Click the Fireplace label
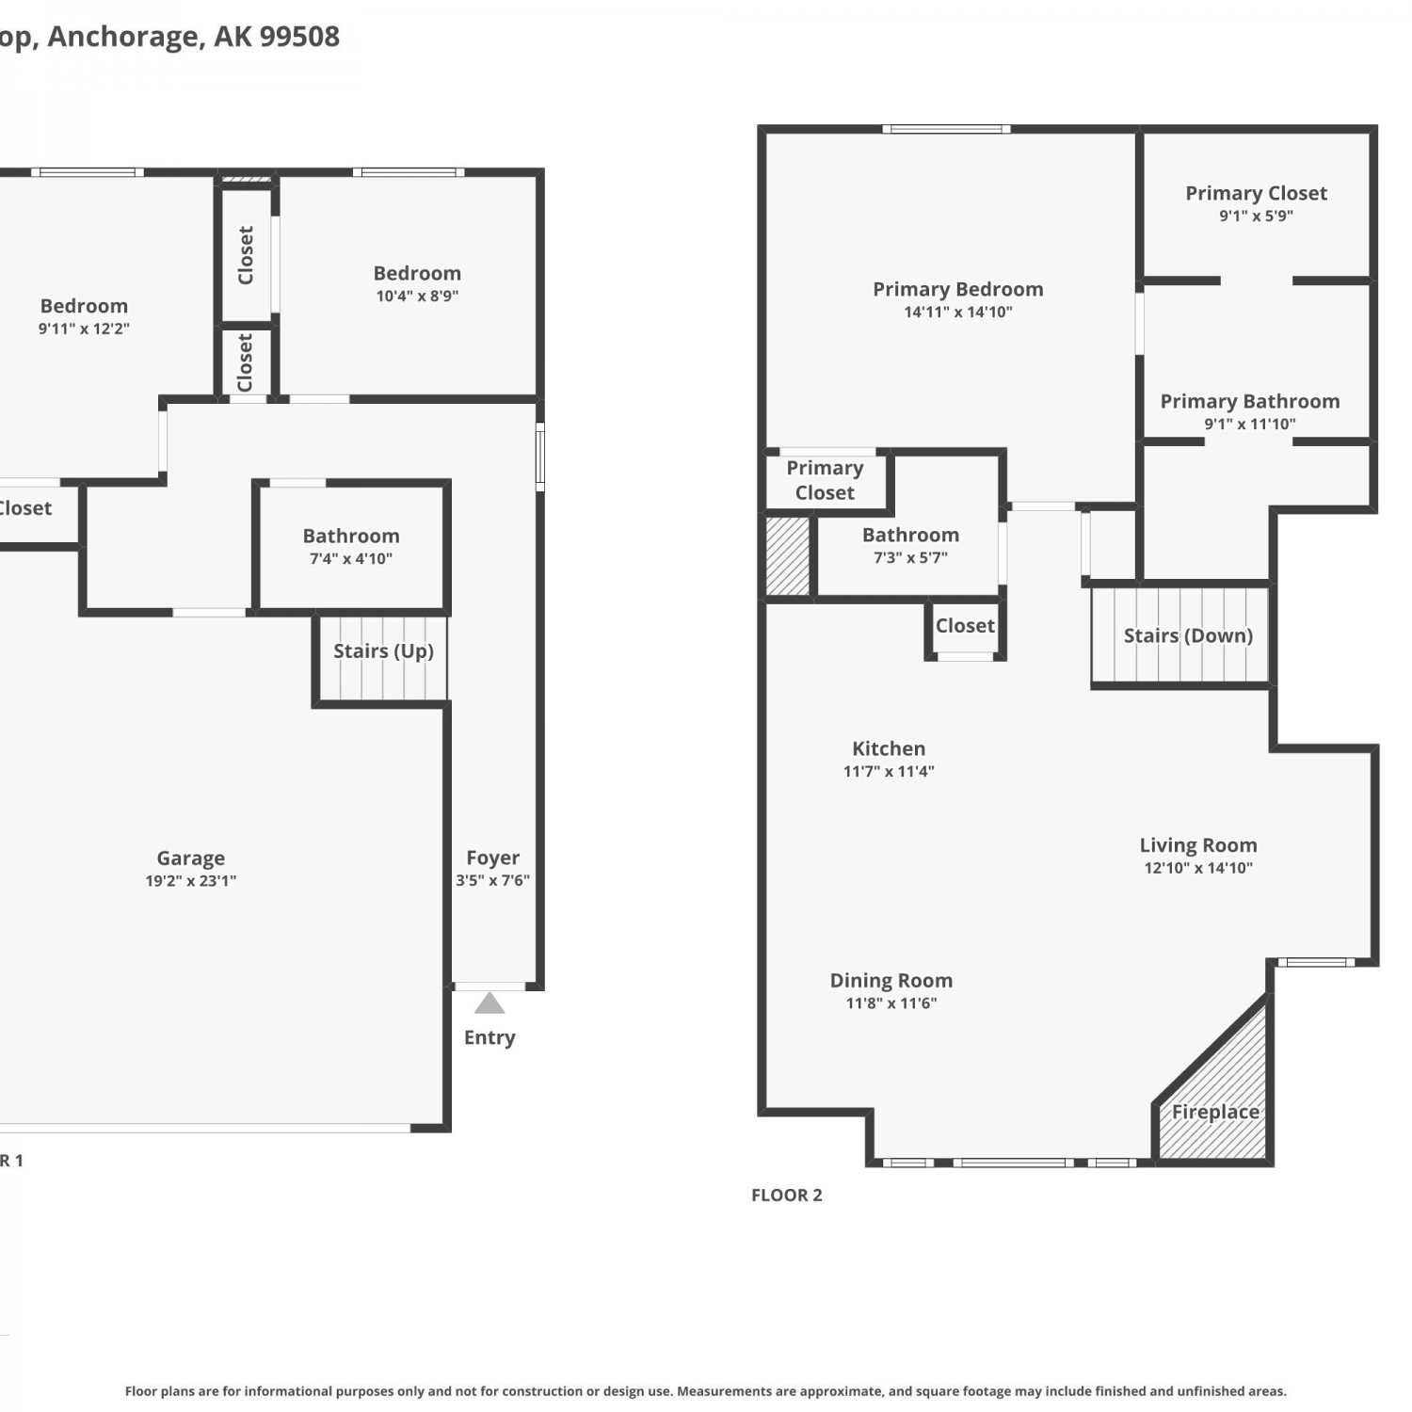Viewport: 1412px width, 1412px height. pos(1215,1112)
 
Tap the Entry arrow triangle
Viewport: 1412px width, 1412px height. pos(489,1003)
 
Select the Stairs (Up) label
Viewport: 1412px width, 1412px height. pos(383,651)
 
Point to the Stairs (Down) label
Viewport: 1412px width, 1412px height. pos(1188,635)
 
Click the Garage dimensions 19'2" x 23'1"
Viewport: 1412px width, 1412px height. pos(191,881)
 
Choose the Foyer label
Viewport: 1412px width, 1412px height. pos(493,858)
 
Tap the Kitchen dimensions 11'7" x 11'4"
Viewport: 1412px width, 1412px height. pos(889,772)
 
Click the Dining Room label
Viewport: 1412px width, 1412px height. pos(891,981)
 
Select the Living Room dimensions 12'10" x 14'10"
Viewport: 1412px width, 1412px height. pos(1198,868)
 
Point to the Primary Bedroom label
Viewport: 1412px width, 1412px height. pos(958,290)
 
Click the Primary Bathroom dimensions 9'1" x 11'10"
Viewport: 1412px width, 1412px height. pos(1250,425)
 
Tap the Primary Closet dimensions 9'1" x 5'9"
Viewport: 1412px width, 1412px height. pos(1256,217)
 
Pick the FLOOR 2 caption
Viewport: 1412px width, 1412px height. pos(787,1195)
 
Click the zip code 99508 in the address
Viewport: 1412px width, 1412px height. pos(299,36)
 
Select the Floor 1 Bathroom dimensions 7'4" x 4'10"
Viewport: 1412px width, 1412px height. pos(351,559)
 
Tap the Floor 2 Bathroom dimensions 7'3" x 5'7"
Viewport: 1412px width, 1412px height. pos(910,558)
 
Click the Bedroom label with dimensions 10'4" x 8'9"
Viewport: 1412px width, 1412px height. pos(417,274)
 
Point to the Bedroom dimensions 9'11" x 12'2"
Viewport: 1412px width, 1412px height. pos(84,329)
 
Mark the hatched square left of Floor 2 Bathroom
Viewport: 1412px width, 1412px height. pos(788,555)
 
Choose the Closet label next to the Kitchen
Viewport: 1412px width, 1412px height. pos(965,626)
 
